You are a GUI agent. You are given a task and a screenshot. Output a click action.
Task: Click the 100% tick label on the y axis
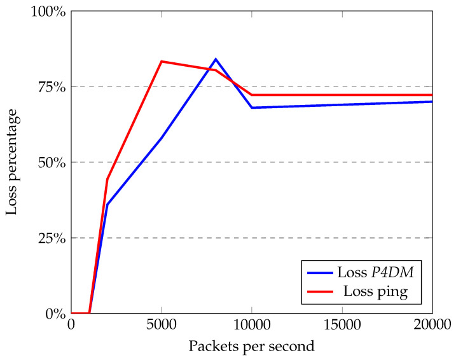coord(50,11)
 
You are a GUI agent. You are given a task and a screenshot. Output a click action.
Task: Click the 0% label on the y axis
coord(56,314)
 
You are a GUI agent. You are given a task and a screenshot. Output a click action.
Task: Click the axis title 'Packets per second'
coord(252,347)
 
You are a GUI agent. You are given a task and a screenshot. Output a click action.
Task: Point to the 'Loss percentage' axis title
coord(12,162)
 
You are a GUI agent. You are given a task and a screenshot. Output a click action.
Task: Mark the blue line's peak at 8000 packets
coord(216,59)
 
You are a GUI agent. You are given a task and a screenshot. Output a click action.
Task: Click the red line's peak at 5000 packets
coord(162,62)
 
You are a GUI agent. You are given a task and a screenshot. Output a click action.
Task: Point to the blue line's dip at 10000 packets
coord(252,107)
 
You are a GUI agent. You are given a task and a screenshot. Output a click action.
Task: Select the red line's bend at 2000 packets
coord(107,179)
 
